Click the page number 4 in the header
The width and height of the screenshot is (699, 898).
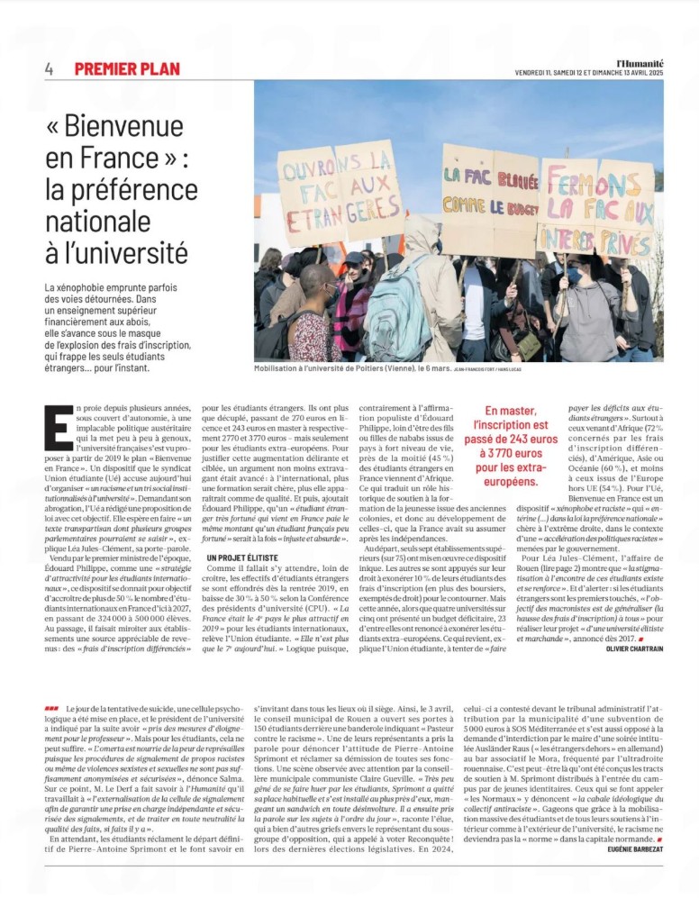[x=49, y=69]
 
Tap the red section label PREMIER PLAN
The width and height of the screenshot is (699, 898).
[x=127, y=69]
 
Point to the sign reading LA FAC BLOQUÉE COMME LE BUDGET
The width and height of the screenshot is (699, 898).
[x=489, y=190]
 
